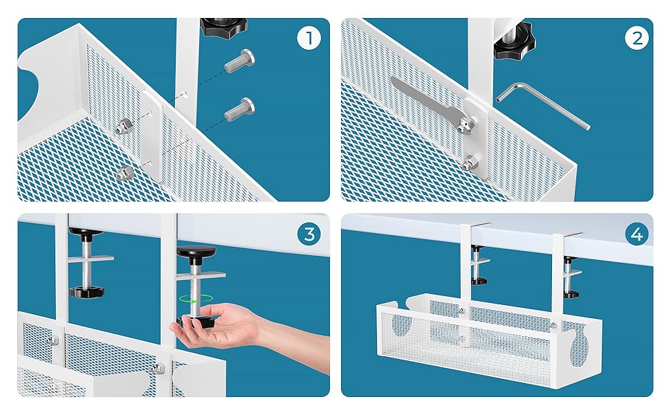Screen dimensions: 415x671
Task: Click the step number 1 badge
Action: [x=309, y=39]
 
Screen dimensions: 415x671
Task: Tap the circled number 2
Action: [x=636, y=39]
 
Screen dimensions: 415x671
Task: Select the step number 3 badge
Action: [x=309, y=234]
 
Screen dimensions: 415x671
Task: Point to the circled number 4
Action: [x=636, y=234]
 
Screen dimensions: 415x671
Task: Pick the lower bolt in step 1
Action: [x=239, y=109]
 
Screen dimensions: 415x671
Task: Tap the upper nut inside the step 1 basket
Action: [x=124, y=125]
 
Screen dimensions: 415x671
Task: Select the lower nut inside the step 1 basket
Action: [x=125, y=173]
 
